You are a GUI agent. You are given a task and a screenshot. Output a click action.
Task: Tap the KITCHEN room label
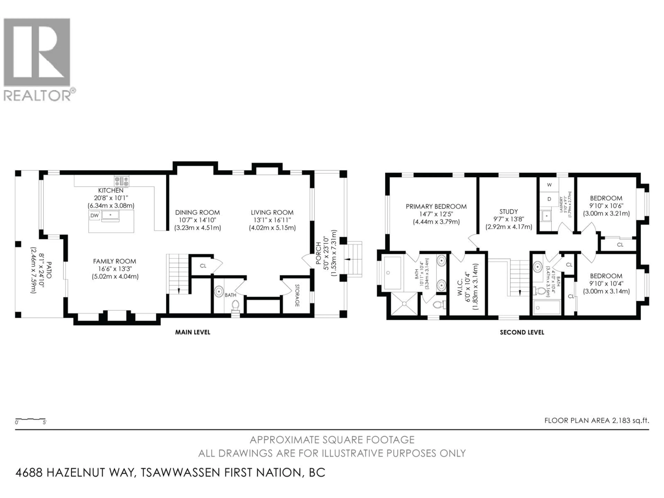pos(111,190)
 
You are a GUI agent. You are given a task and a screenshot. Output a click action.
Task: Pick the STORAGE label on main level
pos(297,295)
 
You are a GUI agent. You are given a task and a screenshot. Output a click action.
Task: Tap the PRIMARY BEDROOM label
pos(436,206)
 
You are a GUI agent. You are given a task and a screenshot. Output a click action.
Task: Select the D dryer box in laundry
pos(549,199)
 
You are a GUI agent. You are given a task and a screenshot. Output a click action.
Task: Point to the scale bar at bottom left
pos(30,419)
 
